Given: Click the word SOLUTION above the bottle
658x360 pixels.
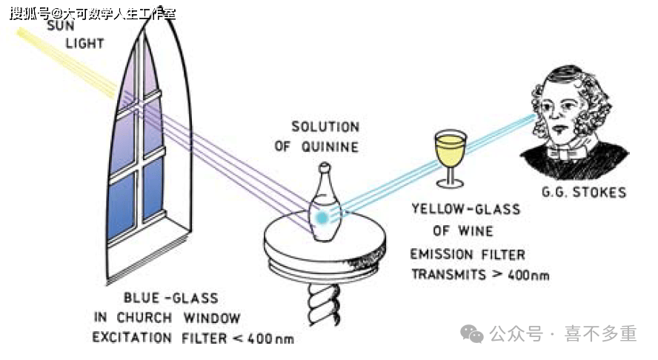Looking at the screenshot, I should point(325,127).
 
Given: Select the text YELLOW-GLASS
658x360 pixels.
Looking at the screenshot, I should point(465,210).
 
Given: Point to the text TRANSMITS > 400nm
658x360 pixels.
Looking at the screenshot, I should point(479,274).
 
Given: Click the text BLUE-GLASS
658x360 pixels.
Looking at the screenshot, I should point(170,299).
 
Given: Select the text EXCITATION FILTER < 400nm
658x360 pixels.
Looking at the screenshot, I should point(193,339).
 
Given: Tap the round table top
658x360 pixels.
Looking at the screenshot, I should point(326,244).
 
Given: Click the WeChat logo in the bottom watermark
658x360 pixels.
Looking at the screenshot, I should point(472,334).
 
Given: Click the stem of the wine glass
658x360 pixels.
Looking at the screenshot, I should point(449,175).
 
